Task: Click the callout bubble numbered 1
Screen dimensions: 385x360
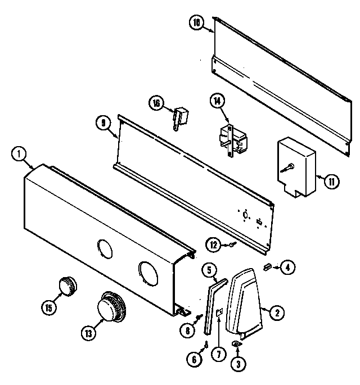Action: (19, 153)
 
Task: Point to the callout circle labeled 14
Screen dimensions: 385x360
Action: (217, 102)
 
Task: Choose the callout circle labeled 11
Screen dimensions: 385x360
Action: (332, 181)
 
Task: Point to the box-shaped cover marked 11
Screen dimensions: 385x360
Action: (296, 167)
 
